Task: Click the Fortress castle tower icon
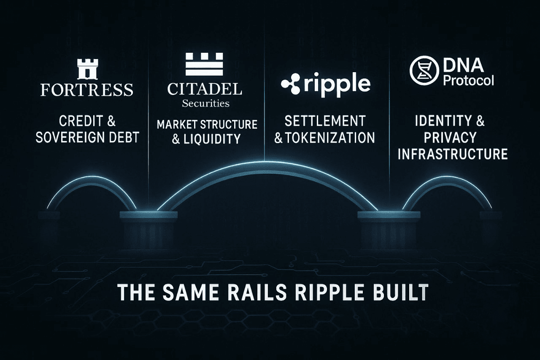[x=87, y=69]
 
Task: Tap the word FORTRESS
[x=87, y=89]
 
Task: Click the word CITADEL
[x=204, y=89]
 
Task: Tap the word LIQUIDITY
[x=213, y=139]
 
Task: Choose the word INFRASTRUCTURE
[x=453, y=154]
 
